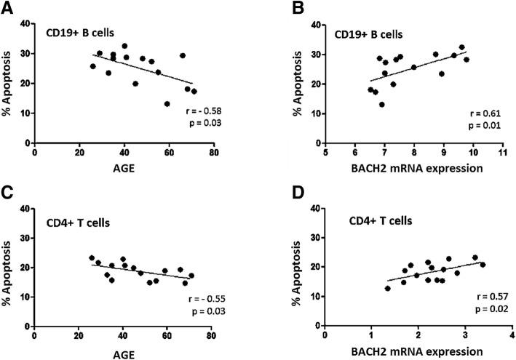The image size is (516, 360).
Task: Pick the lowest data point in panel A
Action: click(x=167, y=104)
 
